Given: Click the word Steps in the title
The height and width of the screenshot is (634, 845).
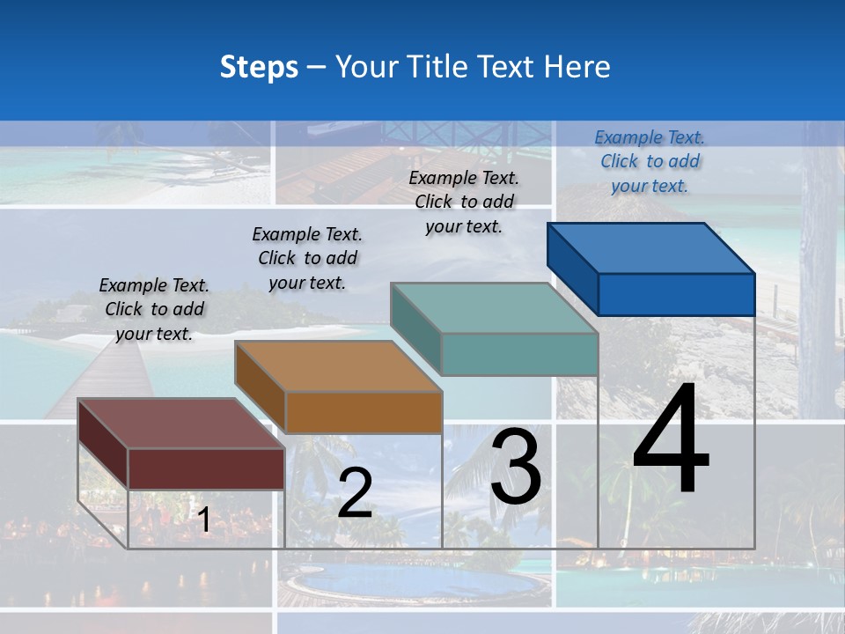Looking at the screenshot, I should click(x=259, y=67).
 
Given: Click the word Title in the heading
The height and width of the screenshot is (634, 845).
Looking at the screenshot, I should click(x=438, y=67).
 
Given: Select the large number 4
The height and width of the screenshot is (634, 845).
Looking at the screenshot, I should click(x=671, y=440).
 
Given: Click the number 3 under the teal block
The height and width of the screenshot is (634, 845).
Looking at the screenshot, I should click(x=516, y=467).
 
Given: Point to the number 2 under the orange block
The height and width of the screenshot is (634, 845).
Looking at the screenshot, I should click(x=355, y=493).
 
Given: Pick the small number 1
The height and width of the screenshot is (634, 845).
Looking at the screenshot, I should click(x=203, y=520).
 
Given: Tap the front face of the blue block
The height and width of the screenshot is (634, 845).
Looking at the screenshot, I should click(x=676, y=294).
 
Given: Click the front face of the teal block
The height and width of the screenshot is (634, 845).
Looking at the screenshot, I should click(x=519, y=354).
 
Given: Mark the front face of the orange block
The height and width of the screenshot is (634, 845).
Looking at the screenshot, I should click(x=363, y=412).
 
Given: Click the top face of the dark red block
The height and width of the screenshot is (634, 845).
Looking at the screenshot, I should click(x=181, y=424).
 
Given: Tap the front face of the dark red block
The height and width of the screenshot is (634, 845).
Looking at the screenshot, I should click(x=206, y=468).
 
